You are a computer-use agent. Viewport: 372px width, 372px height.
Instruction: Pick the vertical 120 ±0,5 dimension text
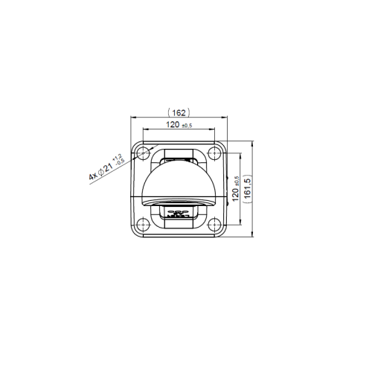(x=237, y=188)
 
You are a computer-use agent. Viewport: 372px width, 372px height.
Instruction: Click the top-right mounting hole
(x=214, y=153)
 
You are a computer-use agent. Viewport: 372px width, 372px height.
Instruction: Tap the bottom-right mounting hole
(x=214, y=222)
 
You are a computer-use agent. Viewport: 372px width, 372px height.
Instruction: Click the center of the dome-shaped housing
(x=179, y=182)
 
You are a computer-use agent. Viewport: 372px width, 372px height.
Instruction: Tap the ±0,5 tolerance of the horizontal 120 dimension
(x=187, y=125)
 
